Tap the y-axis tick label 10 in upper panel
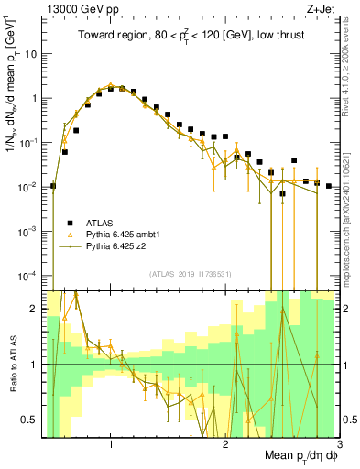coord(30,53)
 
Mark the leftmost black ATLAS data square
coord(53,186)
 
